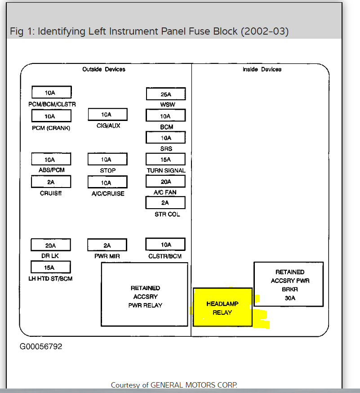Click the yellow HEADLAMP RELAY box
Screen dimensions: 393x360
[x=222, y=308]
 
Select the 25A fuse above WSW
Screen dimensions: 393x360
[x=166, y=94]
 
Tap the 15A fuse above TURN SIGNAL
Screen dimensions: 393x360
[x=166, y=159]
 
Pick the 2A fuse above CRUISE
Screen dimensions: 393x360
[x=51, y=182]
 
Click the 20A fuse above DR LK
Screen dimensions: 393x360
[x=51, y=245]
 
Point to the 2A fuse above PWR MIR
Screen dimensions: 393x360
[x=107, y=245]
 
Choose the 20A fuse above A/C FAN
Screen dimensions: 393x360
[x=166, y=181]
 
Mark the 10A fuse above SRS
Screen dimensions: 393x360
[x=166, y=138]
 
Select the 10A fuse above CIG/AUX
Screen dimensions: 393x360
[x=107, y=115]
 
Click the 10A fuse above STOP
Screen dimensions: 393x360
[x=107, y=159]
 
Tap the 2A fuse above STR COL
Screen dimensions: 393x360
[x=166, y=203]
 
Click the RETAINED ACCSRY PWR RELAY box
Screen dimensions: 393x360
[x=144, y=295]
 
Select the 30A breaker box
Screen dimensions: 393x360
[x=288, y=285]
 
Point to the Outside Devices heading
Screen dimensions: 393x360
[x=104, y=69]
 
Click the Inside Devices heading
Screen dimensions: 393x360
[x=262, y=69]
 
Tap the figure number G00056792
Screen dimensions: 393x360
[x=41, y=347]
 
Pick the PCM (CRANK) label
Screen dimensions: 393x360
[x=51, y=128]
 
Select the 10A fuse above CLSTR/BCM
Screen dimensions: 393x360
[x=166, y=245]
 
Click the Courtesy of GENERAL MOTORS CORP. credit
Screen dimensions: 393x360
[x=174, y=385]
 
